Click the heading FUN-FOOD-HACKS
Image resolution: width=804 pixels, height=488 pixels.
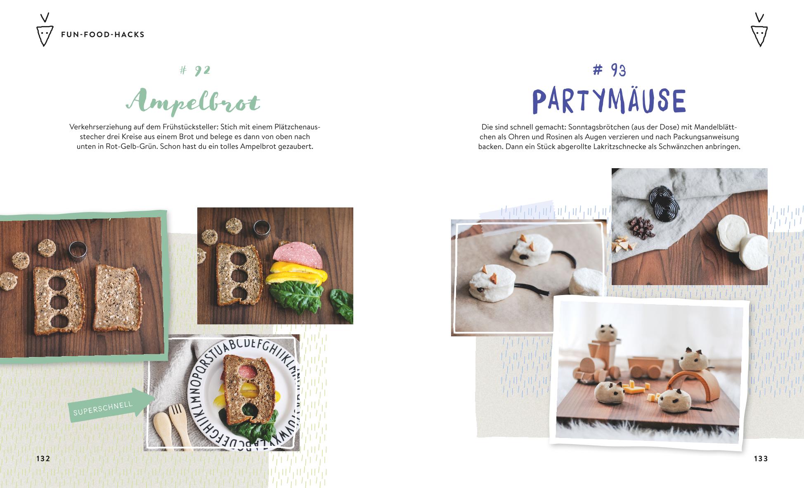103,35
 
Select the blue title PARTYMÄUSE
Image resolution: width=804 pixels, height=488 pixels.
609,101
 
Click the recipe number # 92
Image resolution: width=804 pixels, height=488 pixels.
195,70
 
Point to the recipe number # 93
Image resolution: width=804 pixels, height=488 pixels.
609,70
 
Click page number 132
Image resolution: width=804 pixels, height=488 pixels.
43,459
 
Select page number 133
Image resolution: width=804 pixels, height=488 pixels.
761,459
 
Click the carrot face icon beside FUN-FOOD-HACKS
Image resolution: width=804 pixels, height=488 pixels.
45,30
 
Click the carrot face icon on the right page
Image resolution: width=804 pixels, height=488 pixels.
759,30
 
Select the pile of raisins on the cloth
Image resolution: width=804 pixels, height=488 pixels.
641,228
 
